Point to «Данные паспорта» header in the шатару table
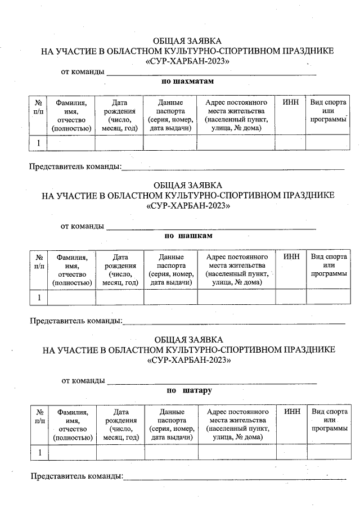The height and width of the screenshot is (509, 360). [x=171, y=424]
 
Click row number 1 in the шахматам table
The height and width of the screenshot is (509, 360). [x=38, y=143]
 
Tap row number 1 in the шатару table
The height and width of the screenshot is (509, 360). [x=40, y=452]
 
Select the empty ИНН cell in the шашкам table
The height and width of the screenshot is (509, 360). [x=291, y=297]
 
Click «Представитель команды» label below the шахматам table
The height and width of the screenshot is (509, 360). [x=75, y=166]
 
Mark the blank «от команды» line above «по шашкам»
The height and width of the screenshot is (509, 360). [x=211, y=228]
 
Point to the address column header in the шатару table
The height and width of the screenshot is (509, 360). [x=237, y=424]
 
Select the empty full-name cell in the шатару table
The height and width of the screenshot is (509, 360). [x=72, y=452]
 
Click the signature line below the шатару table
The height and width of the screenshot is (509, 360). [x=235, y=479]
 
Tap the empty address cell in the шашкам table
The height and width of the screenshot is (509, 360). [x=236, y=297]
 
